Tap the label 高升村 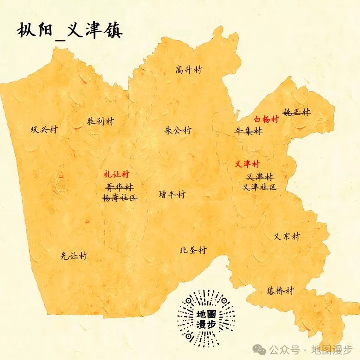pyautogui.click(x=189, y=70)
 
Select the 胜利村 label pyautogui.click(x=100, y=121)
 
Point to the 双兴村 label pyautogui.click(x=44, y=130)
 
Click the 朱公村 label pyautogui.click(x=178, y=130)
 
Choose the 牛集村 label pyautogui.click(x=248, y=131)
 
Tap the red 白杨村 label pyautogui.click(x=266, y=119)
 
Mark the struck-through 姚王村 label pyautogui.click(x=297, y=112)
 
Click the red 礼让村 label pyautogui.click(x=116, y=174)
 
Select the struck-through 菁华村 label pyautogui.click(x=120, y=187)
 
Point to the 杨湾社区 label pyautogui.click(x=120, y=198)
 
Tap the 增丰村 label pyautogui.click(x=172, y=194)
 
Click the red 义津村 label pyautogui.click(x=247, y=164)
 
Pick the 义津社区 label pyautogui.click(x=259, y=187)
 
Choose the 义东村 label pyautogui.click(x=287, y=236)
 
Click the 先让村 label pyautogui.click(x=74, y=256)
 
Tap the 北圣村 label pyautogui.click(x=193, y=250)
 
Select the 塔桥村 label pyautogui.click(x=280, y=291)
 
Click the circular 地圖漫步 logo pyautogui.click(x=206, y=318)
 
